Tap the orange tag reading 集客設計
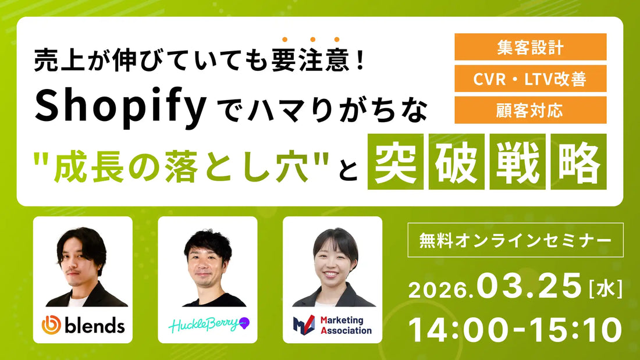tap(531, 47)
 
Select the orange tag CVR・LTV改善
tap(531, 79)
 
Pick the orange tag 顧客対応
tap(531, 110)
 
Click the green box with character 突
tap(395, 162)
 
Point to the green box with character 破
tap(456, 162)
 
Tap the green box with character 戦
tap(517, 162)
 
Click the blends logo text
tap(94, 325)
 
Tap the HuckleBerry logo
tap(207, 325)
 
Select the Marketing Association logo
tap(332, 325)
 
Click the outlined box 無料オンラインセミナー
tap(515, 240)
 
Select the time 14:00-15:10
tap(515, 329)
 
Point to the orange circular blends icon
tap(51, 325)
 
